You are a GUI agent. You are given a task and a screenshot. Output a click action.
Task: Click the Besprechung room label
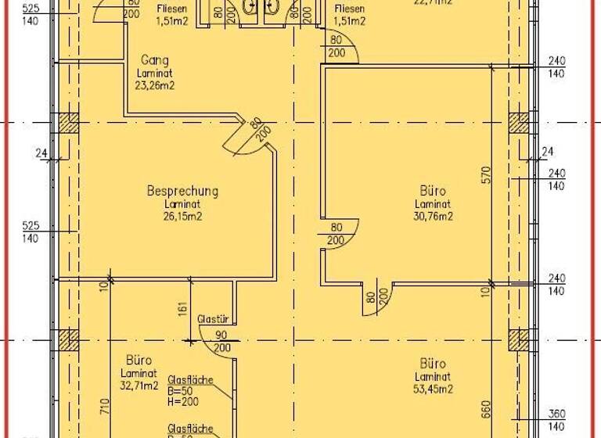coord(182,190)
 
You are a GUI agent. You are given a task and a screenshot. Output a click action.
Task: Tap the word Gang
coord(155,60)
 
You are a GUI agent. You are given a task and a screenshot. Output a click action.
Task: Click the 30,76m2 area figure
coord(433,217)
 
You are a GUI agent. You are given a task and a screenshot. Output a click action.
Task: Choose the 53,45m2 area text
coord(433,389)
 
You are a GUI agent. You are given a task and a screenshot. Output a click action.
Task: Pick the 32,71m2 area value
coord(139,386)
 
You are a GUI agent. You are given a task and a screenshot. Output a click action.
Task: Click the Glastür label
coord(213,319)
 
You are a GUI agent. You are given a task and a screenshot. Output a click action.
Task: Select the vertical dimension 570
coord(485,174)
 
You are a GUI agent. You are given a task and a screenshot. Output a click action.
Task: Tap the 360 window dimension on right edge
coord(556,414)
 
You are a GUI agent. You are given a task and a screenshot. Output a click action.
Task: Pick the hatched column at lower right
coord(518,340)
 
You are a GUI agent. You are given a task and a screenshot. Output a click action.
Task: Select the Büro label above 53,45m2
coord(433,364)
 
